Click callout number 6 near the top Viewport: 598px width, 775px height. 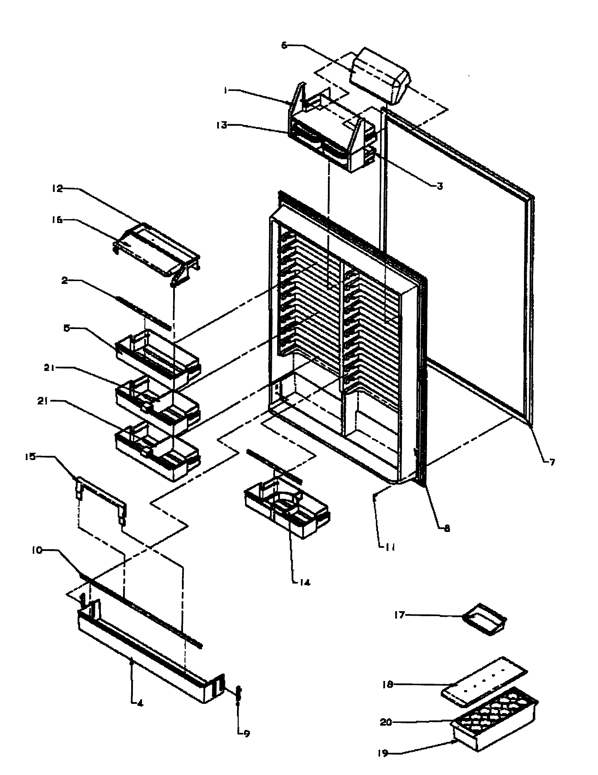pyautogui.click(x=285, y=46)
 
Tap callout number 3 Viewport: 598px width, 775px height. pyautogui.click(x=440, y=186)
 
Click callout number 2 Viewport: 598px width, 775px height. pyautogui.click(x=64, y=281)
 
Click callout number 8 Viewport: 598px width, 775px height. pyautogui.click(x=446, y=528)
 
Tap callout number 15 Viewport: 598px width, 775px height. pyautogui.click(x=31, y=457)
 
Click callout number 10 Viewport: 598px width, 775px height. pyautogui.click(x=37, y=550)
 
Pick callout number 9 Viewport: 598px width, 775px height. pyautogui.click(x=246, y=733)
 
